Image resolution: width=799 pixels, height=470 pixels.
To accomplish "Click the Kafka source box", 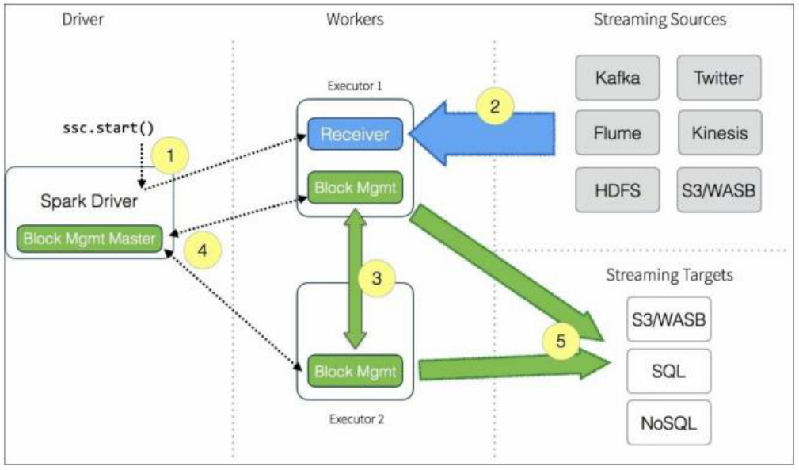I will (617, 78).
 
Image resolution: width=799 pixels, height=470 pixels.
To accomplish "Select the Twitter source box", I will (719, 78).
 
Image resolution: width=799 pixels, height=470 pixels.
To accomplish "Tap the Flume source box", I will (617, 134).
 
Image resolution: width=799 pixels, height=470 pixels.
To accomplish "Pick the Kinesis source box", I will (719, 134).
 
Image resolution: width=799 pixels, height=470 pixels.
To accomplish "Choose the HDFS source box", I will (617, 189).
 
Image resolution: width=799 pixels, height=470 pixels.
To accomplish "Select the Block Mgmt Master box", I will (89, 237).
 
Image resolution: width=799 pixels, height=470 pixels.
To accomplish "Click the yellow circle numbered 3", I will (377, 278).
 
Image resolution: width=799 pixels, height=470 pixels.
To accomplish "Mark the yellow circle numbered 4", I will (204, 250).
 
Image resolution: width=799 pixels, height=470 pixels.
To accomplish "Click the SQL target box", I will (668, 370).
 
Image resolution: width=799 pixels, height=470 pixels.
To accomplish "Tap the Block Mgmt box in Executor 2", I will (354, 370).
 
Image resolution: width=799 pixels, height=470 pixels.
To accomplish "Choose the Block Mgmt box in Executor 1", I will (354, 189).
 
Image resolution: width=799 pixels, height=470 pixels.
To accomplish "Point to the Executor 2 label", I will (356, 419).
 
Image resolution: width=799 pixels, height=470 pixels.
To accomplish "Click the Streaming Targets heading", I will (669, 277).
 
